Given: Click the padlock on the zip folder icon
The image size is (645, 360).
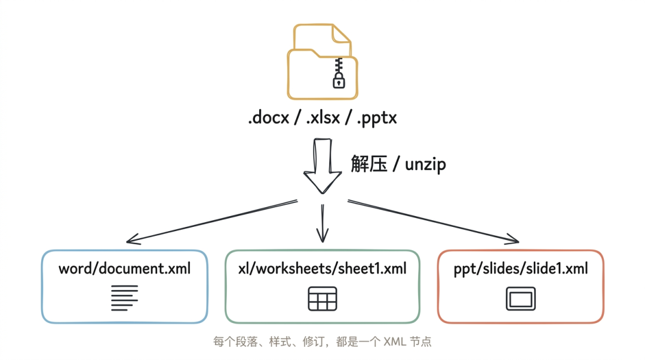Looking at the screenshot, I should click(339, 80).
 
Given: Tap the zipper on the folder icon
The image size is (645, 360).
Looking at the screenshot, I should click(339, 65).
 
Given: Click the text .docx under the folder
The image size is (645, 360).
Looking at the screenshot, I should click(269, 118).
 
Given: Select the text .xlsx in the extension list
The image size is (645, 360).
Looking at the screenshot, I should click(323, 118).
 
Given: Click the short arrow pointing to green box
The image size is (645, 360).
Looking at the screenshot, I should click(322, 224).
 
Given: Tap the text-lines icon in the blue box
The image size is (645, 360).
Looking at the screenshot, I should click(124, 297).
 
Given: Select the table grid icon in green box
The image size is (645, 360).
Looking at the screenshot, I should click(322, 299).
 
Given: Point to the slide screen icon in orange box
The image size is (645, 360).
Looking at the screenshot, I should click(520, 299).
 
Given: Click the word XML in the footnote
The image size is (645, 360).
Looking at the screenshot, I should click(392, 342).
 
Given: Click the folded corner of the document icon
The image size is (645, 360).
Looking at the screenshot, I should click(342, 35).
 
